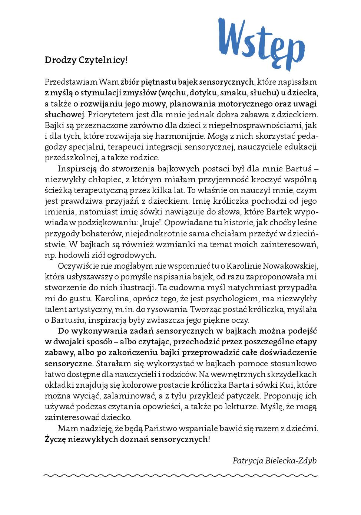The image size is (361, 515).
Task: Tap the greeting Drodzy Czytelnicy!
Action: tap(86, 60)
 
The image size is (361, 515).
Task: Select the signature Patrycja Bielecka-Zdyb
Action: tap(275, 460)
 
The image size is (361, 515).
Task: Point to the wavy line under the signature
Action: tap(180, 475)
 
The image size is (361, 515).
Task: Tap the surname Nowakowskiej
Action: tap(291, 266)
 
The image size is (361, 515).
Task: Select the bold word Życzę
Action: tap(56, 439)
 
